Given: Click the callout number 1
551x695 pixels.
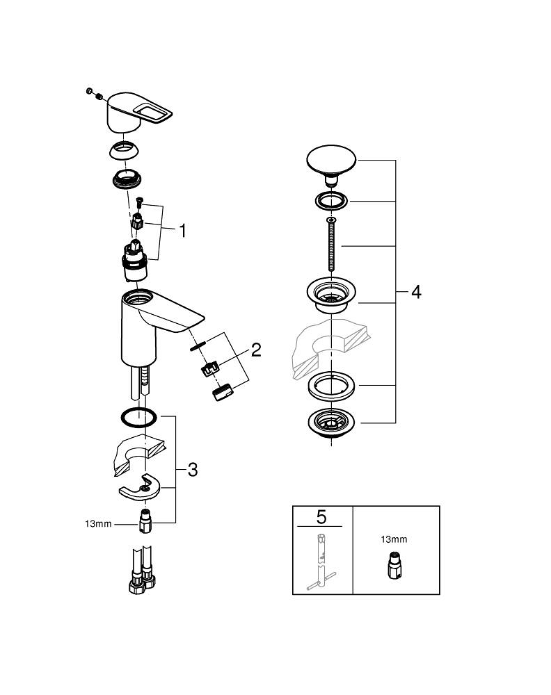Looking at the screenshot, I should tap(182, 231).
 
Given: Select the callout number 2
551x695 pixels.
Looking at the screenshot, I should tap(256, 350).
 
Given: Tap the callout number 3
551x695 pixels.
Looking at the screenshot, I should tap(192, 470).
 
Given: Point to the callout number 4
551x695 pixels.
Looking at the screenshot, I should tap(415, 292).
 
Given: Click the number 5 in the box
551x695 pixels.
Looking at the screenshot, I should tap(321, 516).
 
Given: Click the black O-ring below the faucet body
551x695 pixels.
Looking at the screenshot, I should tap(138, 418).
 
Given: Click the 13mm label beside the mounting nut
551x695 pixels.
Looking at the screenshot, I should tap(98, 523).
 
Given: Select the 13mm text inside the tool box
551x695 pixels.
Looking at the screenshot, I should tap(394, 539).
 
